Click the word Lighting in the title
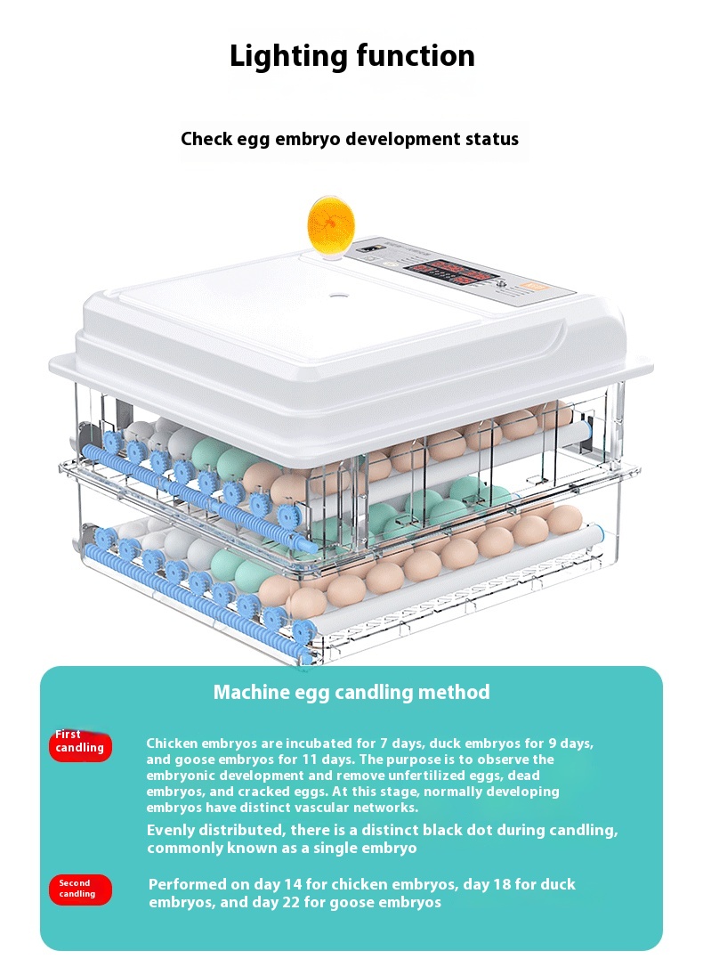(x=287, y=57)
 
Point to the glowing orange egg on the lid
(x=331, y=224)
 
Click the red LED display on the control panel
(x=452, y=272)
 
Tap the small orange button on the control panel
(x=530, y=288)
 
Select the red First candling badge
(x=80, y=744)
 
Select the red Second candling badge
(x=80, y=890)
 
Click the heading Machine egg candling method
(x=351, y=692)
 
